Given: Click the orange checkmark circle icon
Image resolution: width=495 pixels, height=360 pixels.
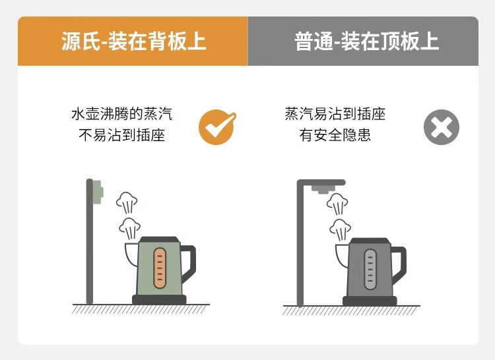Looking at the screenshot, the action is (x=216, y=127).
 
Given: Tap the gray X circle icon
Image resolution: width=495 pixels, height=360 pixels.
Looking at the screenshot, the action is (x=442, y=127).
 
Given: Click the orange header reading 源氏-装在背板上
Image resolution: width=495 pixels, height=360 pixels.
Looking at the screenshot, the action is (x=133, y=41).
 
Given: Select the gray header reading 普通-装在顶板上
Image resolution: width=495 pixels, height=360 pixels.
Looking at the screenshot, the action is (x=363, y=41).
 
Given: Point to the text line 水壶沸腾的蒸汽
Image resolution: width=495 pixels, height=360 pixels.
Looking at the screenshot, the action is (x=122, y=114).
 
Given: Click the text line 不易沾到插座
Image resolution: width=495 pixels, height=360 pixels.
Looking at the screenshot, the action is (x=122, y=135).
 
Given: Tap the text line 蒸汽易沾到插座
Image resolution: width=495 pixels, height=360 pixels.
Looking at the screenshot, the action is (x=335, y=114).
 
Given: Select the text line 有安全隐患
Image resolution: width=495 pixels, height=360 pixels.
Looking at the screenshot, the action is (x=335, y=135).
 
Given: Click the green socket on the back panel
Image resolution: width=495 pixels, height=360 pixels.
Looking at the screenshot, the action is (x=98, y=192).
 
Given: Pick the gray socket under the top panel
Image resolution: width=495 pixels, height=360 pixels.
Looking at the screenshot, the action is (x=323, y=189).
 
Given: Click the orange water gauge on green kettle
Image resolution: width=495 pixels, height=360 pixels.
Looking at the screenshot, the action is (x=160, y=268).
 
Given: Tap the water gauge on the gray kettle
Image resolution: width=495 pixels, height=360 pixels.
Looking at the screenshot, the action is (x=370, y=269).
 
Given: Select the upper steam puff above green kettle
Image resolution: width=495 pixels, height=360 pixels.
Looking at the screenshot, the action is (x=127, y=202).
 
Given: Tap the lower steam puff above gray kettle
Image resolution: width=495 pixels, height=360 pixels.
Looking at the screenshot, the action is (x=340, y=229).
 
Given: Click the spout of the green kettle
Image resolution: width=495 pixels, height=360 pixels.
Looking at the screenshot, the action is (x=132, y=255).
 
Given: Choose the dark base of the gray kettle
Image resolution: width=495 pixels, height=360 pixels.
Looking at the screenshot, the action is (x=370, y=301).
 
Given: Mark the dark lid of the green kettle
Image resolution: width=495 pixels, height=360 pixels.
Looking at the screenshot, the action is (x=160, y=239).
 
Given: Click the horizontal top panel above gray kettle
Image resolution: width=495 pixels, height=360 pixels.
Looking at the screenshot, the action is (x=321, y=183).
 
